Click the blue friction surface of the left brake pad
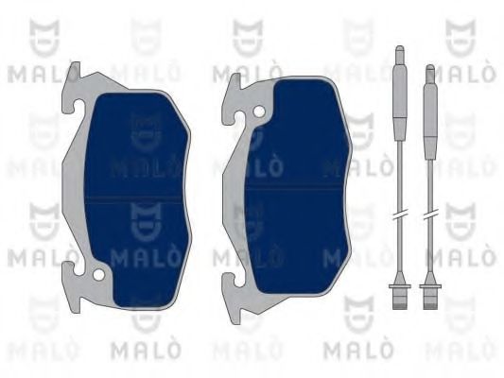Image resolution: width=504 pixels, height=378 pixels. [136, 199]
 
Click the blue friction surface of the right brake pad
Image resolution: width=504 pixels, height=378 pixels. [296, 186]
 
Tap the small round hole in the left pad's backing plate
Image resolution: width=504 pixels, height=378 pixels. [99, 275]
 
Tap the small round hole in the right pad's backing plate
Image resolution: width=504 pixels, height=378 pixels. [259, 112]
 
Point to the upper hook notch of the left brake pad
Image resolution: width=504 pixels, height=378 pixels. [78, 105]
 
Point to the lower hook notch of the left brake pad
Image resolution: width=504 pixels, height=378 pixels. [77, 269]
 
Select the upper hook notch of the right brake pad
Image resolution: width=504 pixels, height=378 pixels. [238, 117]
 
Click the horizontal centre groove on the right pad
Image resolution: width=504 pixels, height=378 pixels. [294, 186]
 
